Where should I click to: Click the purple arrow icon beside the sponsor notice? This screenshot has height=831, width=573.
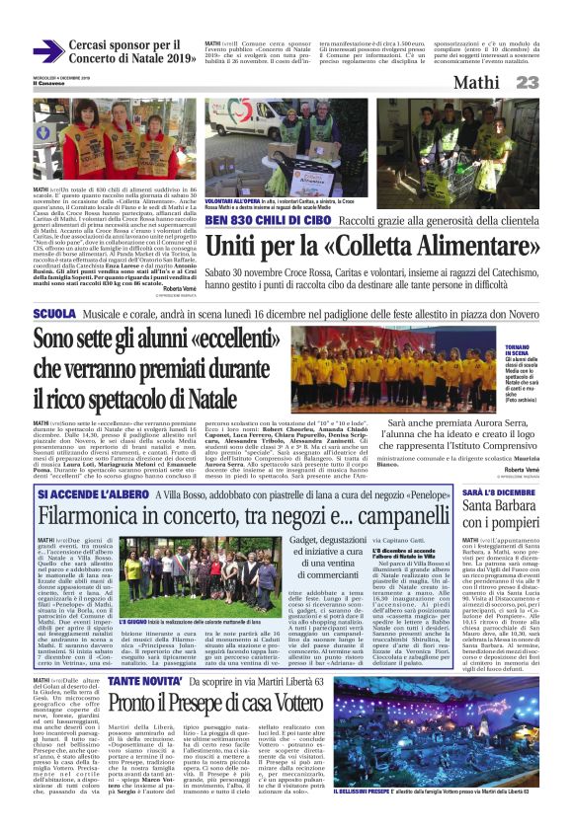(47, 50)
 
